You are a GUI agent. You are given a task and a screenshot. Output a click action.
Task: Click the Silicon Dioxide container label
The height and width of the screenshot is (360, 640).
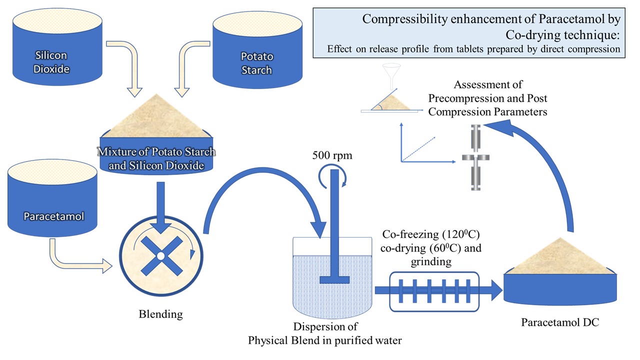coord(50,62)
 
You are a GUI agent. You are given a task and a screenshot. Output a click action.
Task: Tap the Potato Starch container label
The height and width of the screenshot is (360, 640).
coord(256,63)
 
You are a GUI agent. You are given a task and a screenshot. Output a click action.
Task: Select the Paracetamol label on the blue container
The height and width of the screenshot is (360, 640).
coord(53,216)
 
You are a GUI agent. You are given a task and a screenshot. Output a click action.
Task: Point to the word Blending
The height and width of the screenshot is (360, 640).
coord(160,314)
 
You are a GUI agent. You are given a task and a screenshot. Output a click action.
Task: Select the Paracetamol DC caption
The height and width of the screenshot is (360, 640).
coord(560,322)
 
